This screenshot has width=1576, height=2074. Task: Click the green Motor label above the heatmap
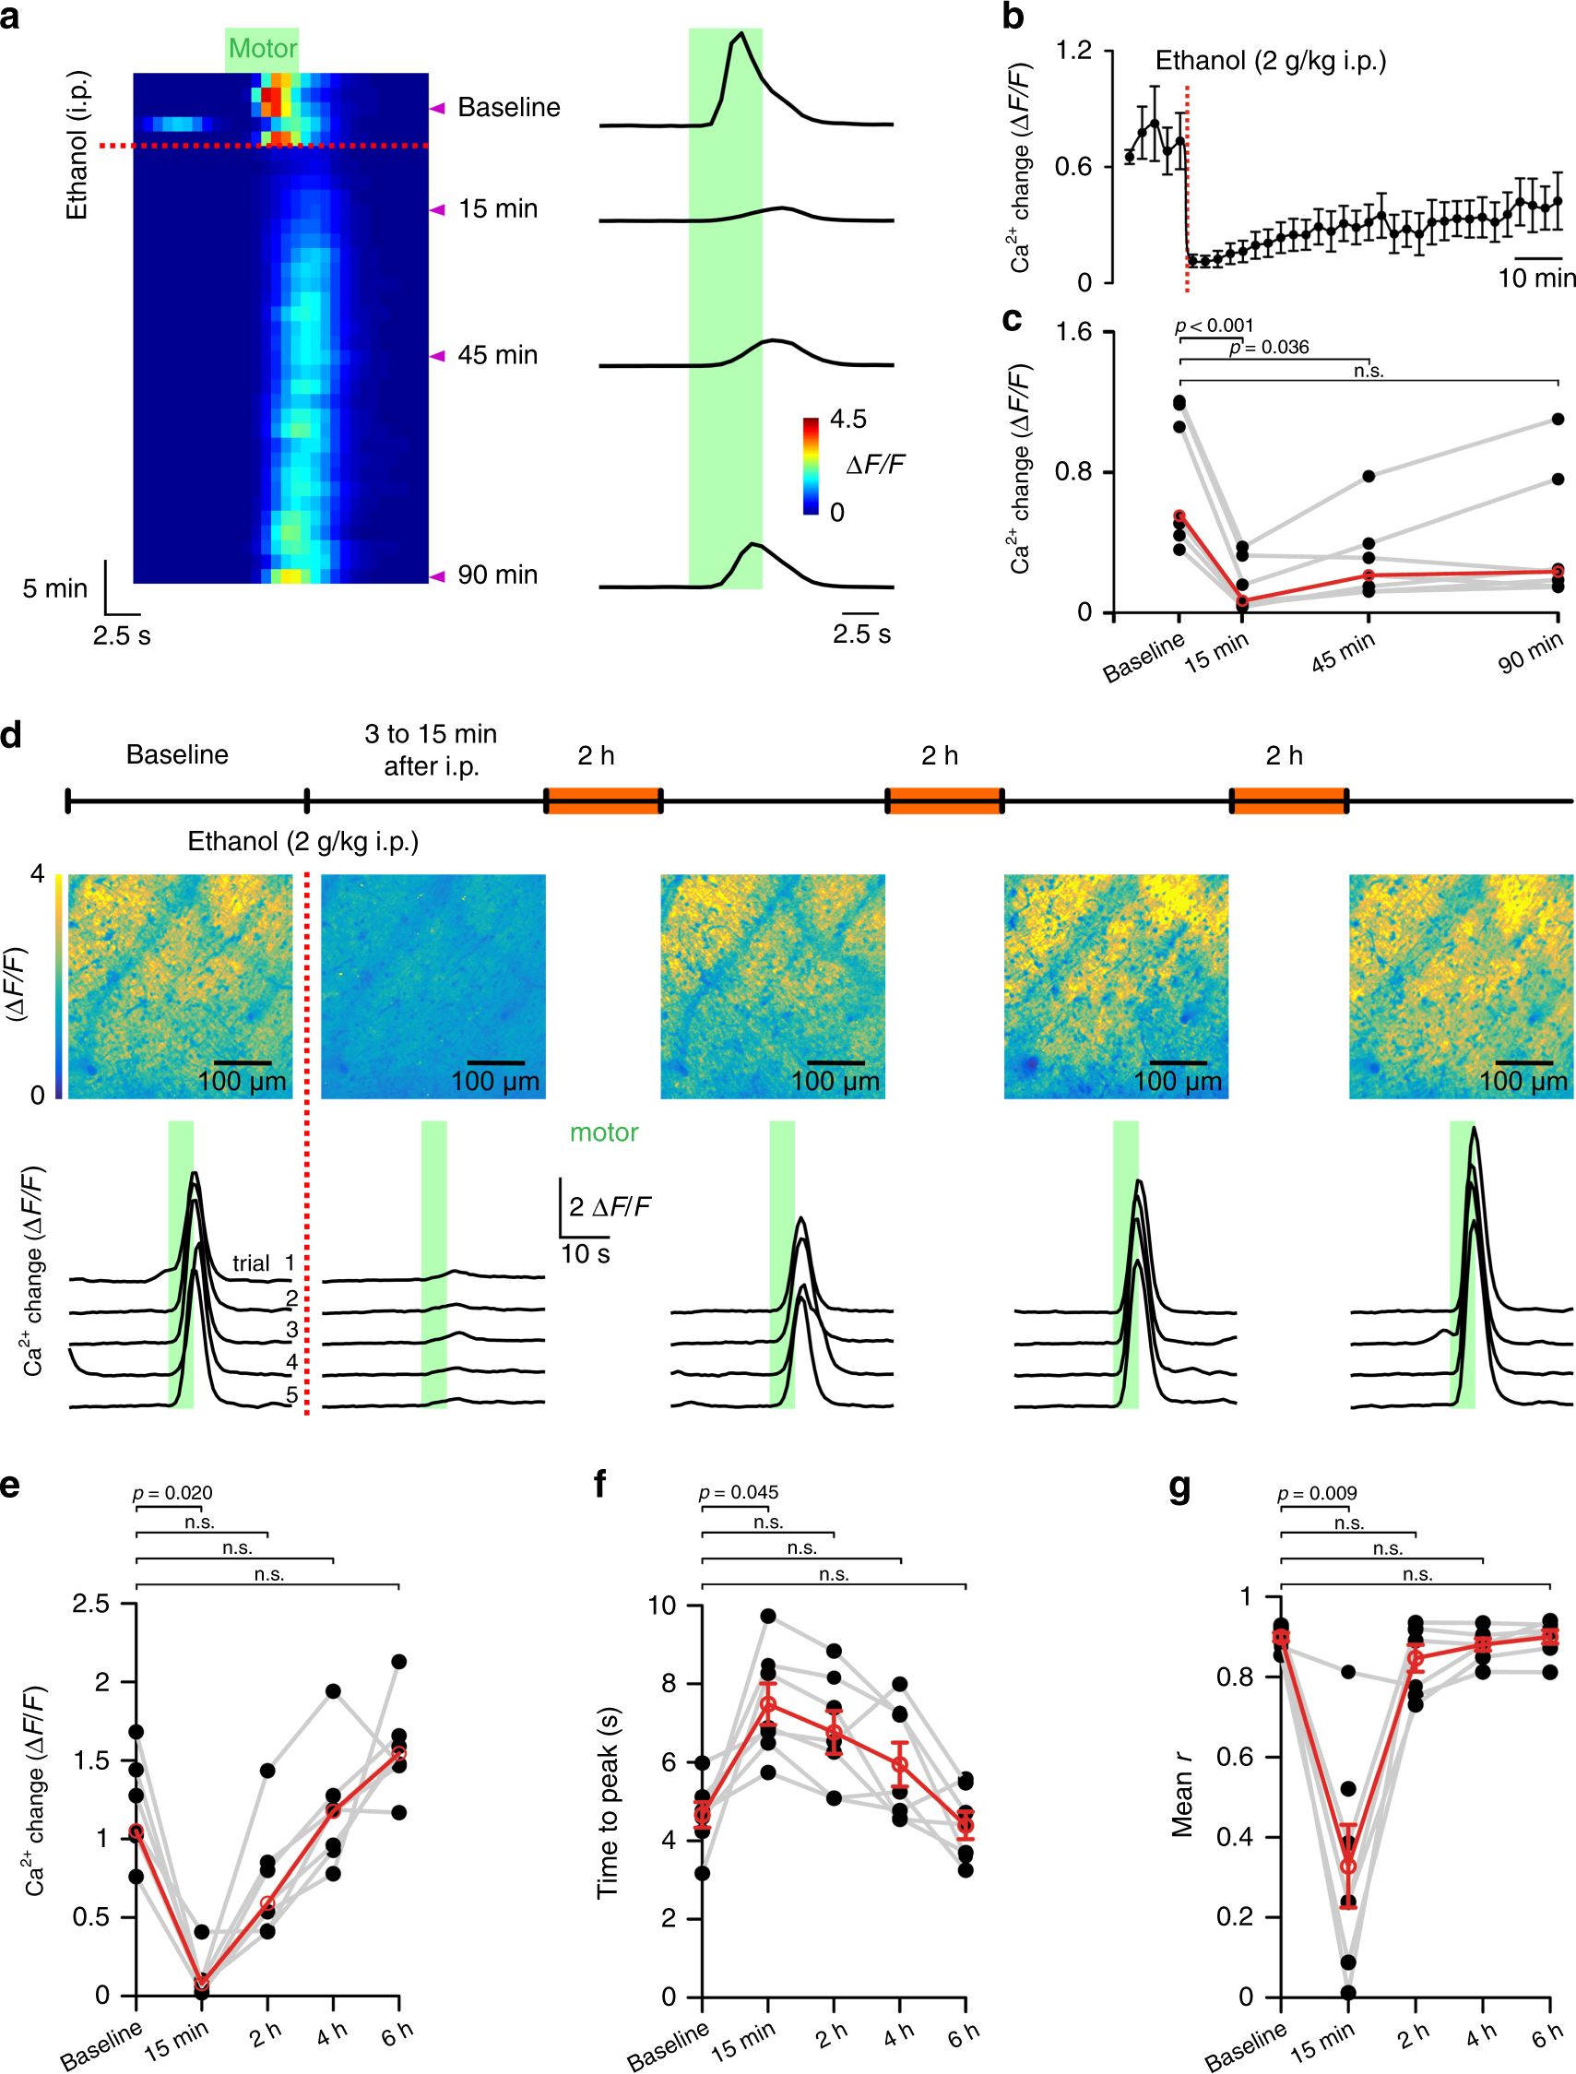[x=263, y=49]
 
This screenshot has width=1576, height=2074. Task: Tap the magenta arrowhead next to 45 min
[x=437, y=356]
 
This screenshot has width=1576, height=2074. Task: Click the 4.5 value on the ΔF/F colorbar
[x=848, y=420]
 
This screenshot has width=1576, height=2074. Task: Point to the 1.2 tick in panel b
[x=1074, y=50]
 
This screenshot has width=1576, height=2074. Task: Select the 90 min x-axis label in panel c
[x=1530, y=653]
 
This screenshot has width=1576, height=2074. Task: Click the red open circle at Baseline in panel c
[x=1179, y=516]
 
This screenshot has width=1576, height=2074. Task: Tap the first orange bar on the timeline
[x=604, y=801]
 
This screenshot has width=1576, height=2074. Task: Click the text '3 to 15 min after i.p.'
[x=431, y=750]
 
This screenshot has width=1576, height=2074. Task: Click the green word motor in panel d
[x=604, y=1132]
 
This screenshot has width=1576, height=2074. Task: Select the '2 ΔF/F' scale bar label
[x=610, y=1206]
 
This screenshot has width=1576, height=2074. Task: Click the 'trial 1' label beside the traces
[x=264, y=1262]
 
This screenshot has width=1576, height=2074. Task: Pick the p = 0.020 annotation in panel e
[x=172, y=1492]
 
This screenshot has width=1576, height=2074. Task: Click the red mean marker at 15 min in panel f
[x=767, y=1704]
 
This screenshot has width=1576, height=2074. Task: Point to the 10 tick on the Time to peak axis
[x=661, y=1605]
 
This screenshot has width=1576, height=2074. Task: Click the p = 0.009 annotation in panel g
[x=1317, y=1493]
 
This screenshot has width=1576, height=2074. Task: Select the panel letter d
[x=11, y=735]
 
